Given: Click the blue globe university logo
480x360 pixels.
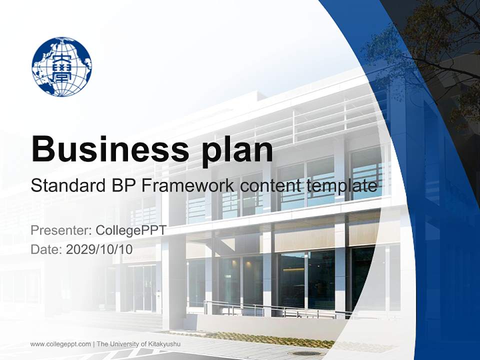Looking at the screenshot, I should [x=61, y=66].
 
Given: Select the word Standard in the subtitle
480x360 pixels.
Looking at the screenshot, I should [x=66, y=186].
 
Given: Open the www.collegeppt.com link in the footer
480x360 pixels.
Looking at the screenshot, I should [x=60, y=344].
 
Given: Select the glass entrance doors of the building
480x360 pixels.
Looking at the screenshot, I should [x=142, y=287].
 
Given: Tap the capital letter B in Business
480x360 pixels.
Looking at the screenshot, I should [x=43, y=149].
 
